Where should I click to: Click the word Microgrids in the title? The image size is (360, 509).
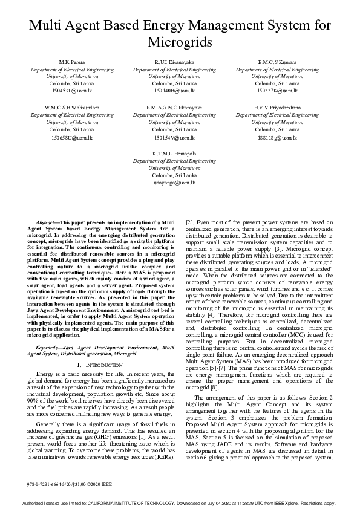(180, 43)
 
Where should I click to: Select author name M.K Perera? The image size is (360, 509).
(72, 63)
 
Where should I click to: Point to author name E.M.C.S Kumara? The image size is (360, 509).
(277, 63)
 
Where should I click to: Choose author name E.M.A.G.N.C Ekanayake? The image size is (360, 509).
(174, 108)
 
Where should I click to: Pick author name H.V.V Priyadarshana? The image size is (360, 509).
(277, 108)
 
